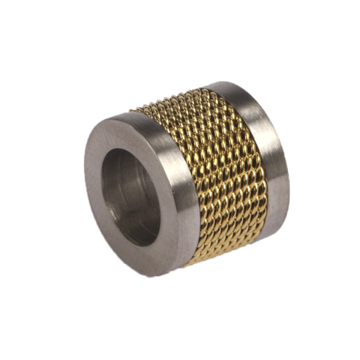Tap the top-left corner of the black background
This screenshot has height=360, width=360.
click(x=4, y=4)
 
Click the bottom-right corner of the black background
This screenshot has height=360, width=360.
click(x=355, y=355)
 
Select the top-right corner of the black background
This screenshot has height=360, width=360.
click(x=355, y=4)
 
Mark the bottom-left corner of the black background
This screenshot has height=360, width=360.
click(x=4, y=355)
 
